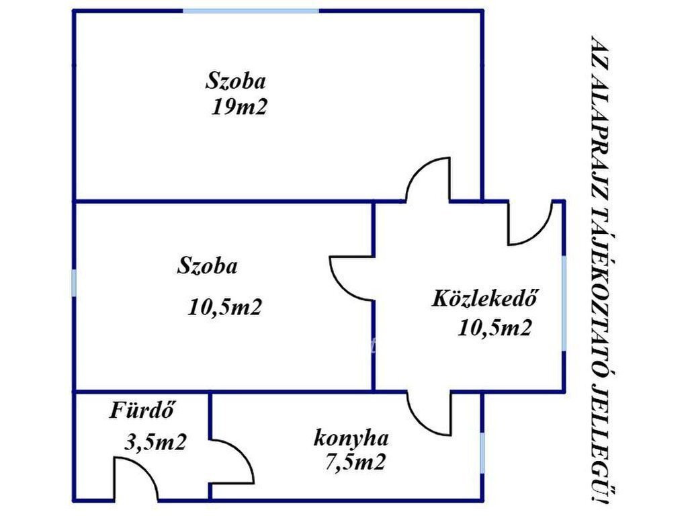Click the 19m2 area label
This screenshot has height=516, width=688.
tap(239, 107)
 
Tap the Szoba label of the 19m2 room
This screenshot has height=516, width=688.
tap(236, 81)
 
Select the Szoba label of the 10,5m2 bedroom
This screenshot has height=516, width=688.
tap(207, 266)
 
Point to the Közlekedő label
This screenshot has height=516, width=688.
tap(485, 298)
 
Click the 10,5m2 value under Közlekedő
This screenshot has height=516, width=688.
tap(495, 327)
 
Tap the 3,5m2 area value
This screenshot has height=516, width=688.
tap(156, 442)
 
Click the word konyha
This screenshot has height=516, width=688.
tap(351, 438)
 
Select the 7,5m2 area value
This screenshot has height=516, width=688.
tap(355, 462)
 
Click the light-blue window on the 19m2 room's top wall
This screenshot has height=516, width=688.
tap(251, 11)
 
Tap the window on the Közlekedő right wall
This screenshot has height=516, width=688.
tap(564, 303)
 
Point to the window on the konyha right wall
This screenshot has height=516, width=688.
tap(482, 453)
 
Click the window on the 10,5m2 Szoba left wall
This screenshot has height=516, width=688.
tap(74, 283)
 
